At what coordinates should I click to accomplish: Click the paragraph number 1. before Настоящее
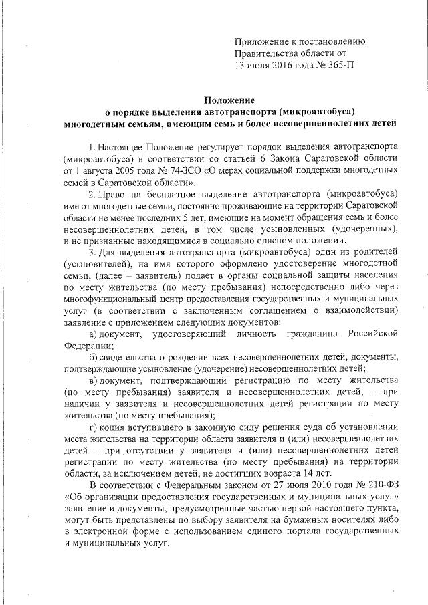click(x=92, y=146)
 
